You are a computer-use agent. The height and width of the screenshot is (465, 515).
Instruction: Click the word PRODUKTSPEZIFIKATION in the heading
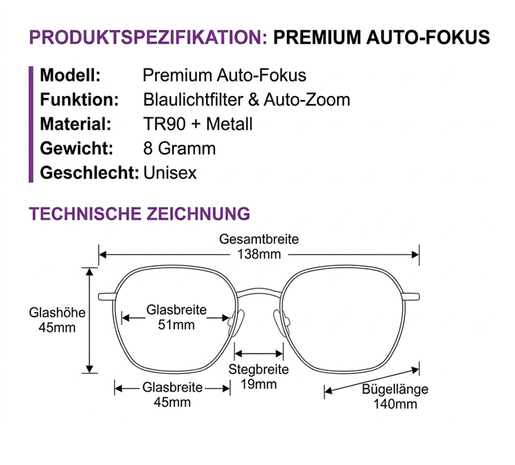[x=148, y=37]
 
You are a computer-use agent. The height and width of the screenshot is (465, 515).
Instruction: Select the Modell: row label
[x=70, y=75]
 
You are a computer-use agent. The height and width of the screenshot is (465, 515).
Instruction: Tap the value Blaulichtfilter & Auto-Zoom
[x=247, y=99]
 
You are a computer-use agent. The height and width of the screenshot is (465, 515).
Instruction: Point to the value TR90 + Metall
[x=198, y=124]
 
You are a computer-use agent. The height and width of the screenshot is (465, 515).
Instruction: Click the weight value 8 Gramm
[x=179, y=148]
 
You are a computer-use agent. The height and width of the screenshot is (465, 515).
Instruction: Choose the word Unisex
[x=170, y=173]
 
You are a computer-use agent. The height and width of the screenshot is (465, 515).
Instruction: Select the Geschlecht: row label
[x=89, y=173]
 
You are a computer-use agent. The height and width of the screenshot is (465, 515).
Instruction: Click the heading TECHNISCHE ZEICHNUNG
[x=139, y=213]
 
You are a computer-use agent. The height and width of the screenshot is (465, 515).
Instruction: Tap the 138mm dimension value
[x=259, y=254]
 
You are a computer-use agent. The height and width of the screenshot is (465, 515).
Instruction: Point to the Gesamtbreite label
[x=259, y=239]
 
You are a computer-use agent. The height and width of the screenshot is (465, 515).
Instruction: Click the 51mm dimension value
[x=176, y=324]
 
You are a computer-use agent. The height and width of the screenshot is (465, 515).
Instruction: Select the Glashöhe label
[x=57, y=313]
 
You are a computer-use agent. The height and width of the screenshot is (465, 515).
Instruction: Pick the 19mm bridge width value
[x=259, y=384]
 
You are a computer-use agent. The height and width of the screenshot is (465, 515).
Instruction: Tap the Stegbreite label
[x=259, y=369]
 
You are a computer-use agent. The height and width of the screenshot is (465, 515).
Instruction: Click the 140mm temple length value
[x=395, y=404]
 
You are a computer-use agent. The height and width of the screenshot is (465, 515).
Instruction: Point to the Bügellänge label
[x=395, y=389]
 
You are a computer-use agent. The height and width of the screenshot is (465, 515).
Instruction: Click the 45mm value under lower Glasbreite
[x=172, y=402]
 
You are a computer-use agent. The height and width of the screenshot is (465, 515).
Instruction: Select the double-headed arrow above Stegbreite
[x=259, y=353]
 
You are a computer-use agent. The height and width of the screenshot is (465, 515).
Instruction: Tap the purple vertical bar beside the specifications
[x=31, y=124]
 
